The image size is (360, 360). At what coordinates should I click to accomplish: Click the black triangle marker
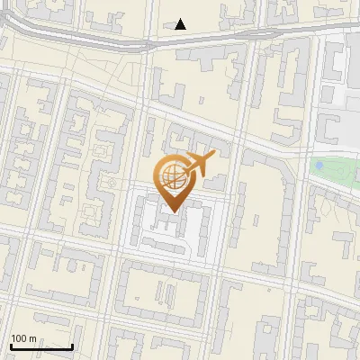click(x=181, y=24)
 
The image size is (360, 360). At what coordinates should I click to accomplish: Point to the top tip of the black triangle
click(x=181, y=19)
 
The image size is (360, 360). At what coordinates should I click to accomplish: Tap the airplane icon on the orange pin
click(x=197, y=165)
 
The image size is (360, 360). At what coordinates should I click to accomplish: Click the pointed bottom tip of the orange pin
click(x=171, y=212)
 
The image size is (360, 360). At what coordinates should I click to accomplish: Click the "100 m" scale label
click(x=23, y=338)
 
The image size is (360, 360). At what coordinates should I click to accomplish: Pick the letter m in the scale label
click(x=32, y=338)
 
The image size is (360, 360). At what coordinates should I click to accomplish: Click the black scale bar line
click(x=41, y=346)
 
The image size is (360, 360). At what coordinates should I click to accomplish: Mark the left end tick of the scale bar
click(x=11, y=345)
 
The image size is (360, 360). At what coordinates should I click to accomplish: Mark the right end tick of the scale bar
click(x=72, y=345)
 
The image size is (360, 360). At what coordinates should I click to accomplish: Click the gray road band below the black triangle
click(x=181, y=39)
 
